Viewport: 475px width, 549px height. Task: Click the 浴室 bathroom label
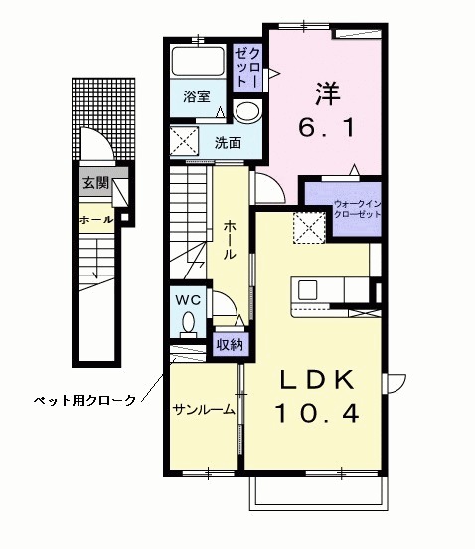click(x=197, y=96)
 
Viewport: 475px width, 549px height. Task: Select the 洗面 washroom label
click(x=228, y=142)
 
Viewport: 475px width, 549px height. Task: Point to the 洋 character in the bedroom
click(x=328, y=94)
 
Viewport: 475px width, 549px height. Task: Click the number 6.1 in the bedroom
click(x=328, y=127)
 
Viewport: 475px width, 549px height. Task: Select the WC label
click(x=188, y=299)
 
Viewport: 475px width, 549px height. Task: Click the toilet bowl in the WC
click(x=188, y=322)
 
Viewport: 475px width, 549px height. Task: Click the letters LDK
click(x=315, y=380)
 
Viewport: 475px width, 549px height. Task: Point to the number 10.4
click(x=315, y=411)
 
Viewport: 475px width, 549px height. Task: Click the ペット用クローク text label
click(x=85, y=400)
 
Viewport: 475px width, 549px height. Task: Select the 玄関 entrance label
click(x=95, y=182)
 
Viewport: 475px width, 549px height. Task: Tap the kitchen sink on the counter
click(x=307, y=290)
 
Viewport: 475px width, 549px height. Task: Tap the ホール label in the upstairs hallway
click(x=230, y=240)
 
